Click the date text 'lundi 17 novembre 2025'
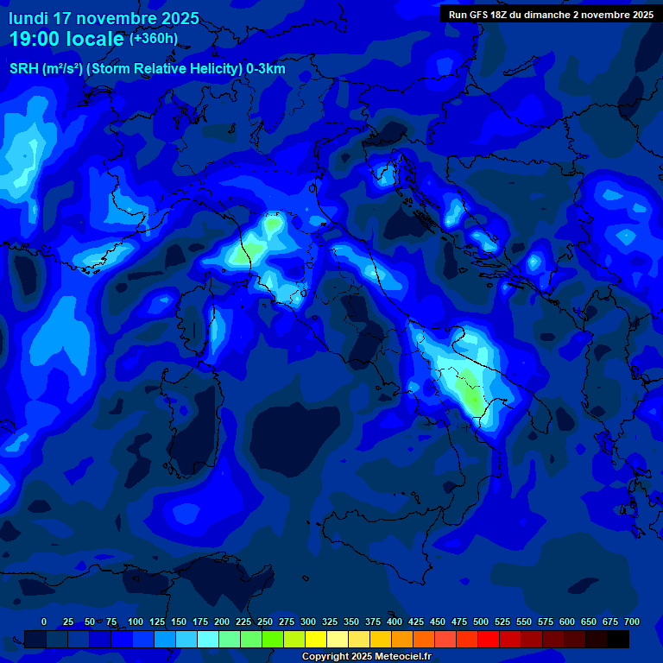tap(104, 18)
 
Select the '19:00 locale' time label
tap(66, 39)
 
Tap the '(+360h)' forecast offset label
tap(153, 39)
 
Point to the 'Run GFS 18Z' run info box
tap(551, 14)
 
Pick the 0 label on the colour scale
tap(44, 622)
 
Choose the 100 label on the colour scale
tap(136, 622)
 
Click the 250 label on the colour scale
tap(265, 622)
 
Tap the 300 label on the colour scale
tap(308, 622)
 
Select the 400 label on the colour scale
tap(395, 622)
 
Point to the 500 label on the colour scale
tap(481, 622)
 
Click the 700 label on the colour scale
tap(631, 622)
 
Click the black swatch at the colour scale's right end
tap(618, 639)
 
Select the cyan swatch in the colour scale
tap(208, 639)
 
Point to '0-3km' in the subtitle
tap(266, 69)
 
